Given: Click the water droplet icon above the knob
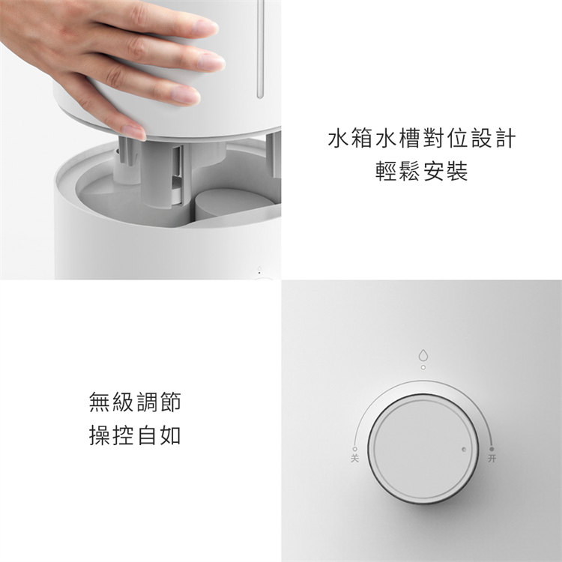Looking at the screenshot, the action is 423,355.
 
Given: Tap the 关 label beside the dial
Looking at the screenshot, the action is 355,458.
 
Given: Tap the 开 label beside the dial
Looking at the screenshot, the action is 492,458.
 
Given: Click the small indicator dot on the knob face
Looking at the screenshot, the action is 464,449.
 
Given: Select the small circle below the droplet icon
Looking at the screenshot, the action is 423,367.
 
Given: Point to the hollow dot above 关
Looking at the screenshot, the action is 355,449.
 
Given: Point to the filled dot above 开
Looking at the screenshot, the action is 492,449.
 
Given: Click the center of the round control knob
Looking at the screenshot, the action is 423,449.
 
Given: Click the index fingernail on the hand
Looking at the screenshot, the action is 205,28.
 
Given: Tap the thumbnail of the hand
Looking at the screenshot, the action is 133,132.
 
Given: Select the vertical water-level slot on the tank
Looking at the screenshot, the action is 261,49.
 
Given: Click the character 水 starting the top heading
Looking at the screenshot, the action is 339,139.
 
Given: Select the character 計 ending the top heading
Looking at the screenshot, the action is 505,139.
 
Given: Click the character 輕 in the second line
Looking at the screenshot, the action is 387,171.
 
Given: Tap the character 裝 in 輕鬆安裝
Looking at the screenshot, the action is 457,171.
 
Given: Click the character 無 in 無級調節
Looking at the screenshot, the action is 100,402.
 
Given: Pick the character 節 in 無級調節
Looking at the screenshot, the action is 170,402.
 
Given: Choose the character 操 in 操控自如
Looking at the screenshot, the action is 100,435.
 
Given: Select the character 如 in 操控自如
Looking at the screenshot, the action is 170,435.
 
